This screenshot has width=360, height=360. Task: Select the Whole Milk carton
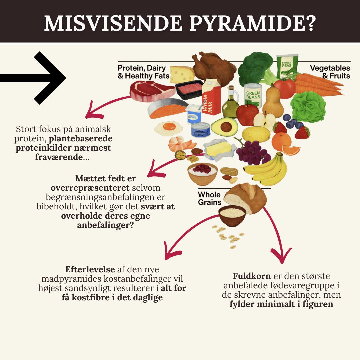click(211, 97)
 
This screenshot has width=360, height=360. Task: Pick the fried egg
click(168, 127)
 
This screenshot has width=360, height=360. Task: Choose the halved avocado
click(225, 127)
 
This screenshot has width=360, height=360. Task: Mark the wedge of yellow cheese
click(182, 74)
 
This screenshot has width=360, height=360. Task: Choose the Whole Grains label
click(209, 198)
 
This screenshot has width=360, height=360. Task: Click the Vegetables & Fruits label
click(330, 72)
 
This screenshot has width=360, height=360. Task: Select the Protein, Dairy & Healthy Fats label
click(143, 72)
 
